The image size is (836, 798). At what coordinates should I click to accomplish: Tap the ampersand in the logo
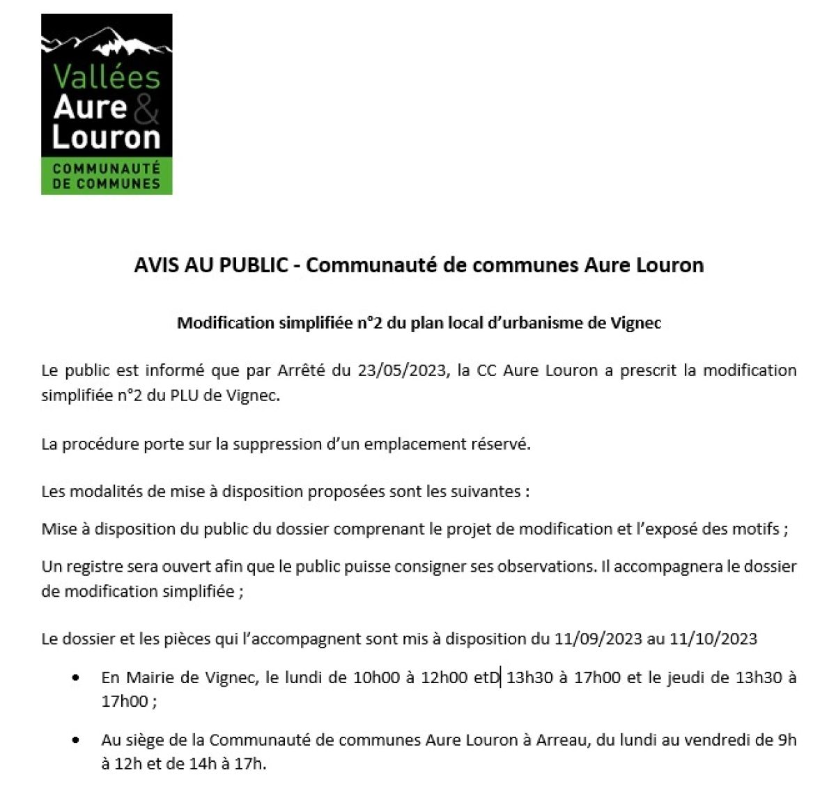click(x=145, y=108)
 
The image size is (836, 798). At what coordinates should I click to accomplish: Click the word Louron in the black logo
click(x=107, y=137)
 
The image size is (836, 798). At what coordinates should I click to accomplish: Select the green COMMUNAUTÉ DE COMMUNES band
click(x=107, y=176)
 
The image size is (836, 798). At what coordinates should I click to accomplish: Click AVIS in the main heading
click(x=156, y=265)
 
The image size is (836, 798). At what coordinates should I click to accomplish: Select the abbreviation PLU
click(x=196, y=396)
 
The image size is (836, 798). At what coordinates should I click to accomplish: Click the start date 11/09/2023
click(x=598, y=639)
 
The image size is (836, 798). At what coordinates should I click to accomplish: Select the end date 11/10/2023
click(x=713, y=639)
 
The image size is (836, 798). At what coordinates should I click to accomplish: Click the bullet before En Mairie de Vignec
click(x=75, y=678)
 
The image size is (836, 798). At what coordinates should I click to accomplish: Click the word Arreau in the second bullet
click(x=562, y=740)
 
